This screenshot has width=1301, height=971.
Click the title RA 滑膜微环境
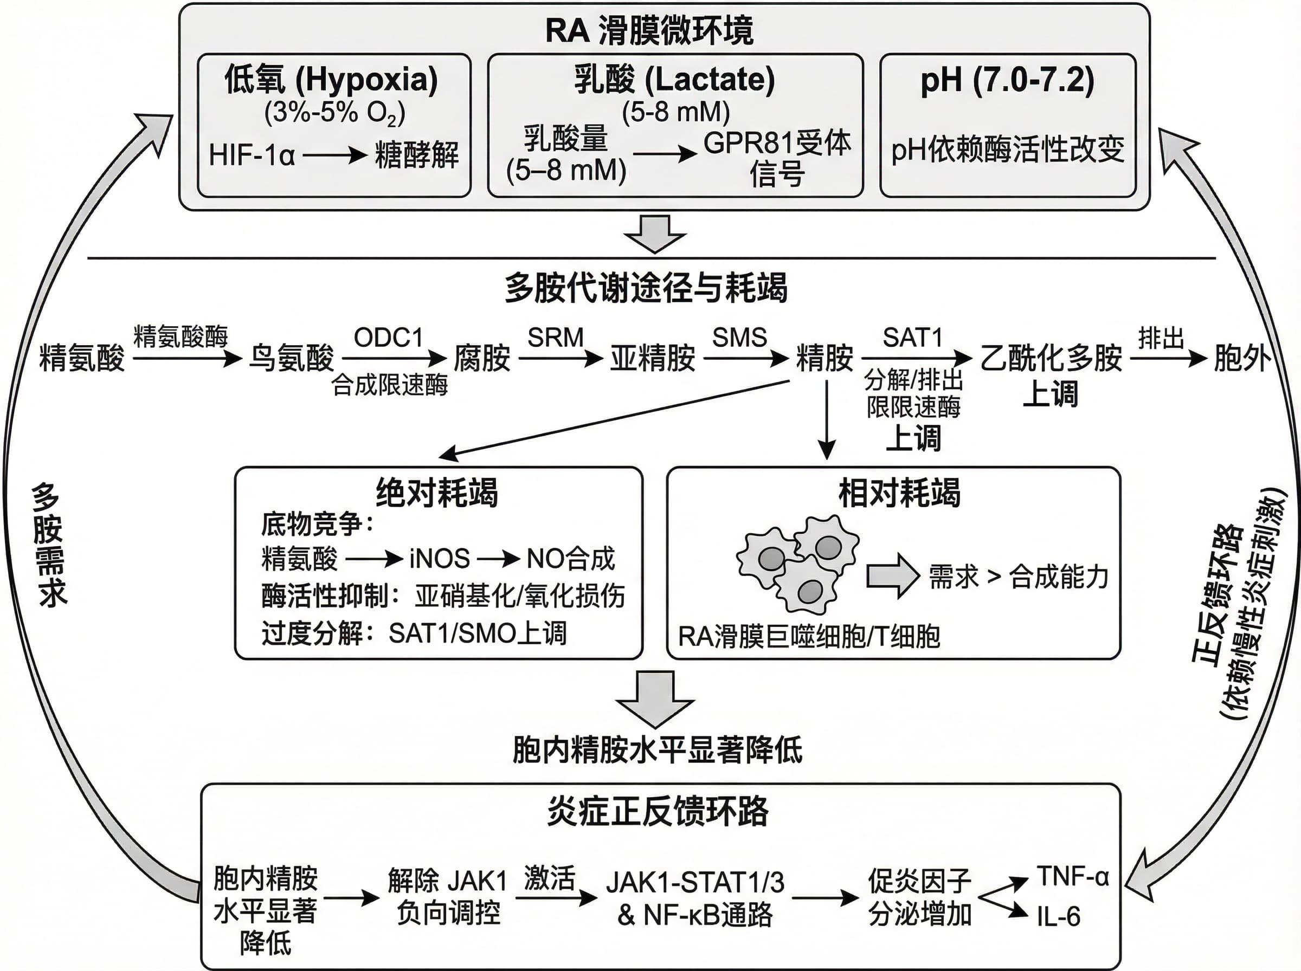pyautogui.click(x=649, y=30)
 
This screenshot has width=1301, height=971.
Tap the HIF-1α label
pyautogui.click(x=252, y=156)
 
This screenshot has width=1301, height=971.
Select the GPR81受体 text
pyautogui.click(x=777, y=143)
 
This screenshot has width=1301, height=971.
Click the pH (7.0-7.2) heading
pyautogui.click(x=1007, y=80)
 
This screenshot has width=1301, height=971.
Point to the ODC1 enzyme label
pyautogui.click(x=389, y=338)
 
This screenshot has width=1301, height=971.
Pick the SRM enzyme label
pyautogui.click(x=555, y=338)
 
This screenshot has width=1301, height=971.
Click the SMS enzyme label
pyautogui.click(x=739, y=338)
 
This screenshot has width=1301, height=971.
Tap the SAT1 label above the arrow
pyautogui.click(x=912, y=338)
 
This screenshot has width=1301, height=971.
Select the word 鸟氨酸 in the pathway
pyautogui.click(x=291, y=358)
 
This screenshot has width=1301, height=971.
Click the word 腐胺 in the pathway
pyautogui.click(x=481, y=358)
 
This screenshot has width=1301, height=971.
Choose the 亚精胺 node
pyautogui.click(x=653, y=358)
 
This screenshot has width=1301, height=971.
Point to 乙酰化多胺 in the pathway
pyautogui.click(x=1051, y=358)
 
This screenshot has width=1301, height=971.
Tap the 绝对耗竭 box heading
pyautogui.click(x=437, y=492)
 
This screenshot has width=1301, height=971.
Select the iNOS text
pyautogui.click(x=439, y=559)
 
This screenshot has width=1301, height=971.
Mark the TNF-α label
pyautogui.click(x=1072, y=876)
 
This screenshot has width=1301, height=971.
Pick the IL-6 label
pyautogui.click(x=1058, y=916)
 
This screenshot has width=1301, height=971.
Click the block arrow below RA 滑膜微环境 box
pyautogui.click(x=655, y=234)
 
